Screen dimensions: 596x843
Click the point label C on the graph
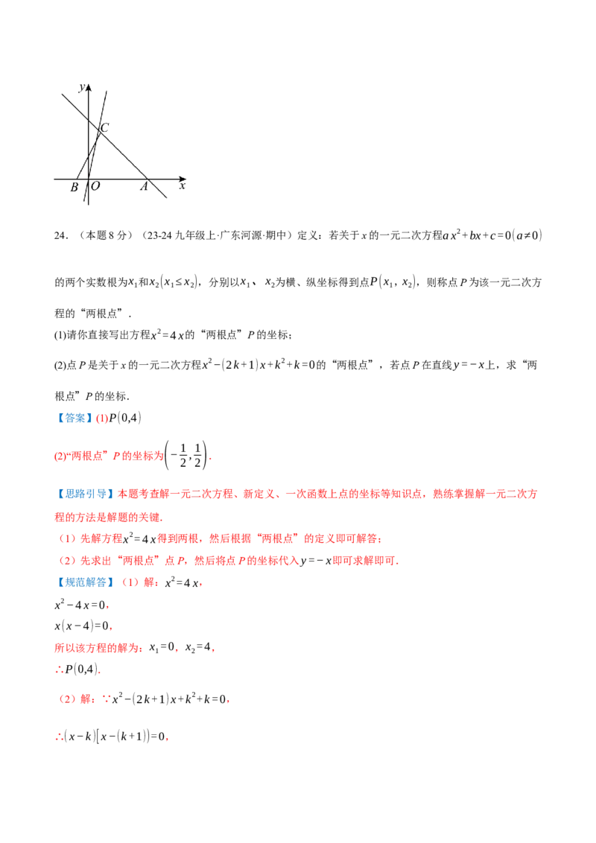click(x=105, y=127)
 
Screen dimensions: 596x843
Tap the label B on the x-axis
click(x=74, y=188)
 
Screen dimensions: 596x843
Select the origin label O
click(x=95, y=186)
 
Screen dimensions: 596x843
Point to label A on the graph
click(x=144, y=187)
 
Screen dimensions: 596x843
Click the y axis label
click(x=82, y=88)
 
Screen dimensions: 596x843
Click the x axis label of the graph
click(x=183, y=186)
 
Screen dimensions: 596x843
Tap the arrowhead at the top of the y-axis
click(x=89, y=87)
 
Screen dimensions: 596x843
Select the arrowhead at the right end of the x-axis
click(x=183, y=179)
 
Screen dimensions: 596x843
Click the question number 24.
click(x=60, y=235)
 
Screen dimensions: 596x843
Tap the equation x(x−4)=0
click(x=82, y=626)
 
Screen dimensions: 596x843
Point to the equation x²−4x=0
click(x=80, y=605)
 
